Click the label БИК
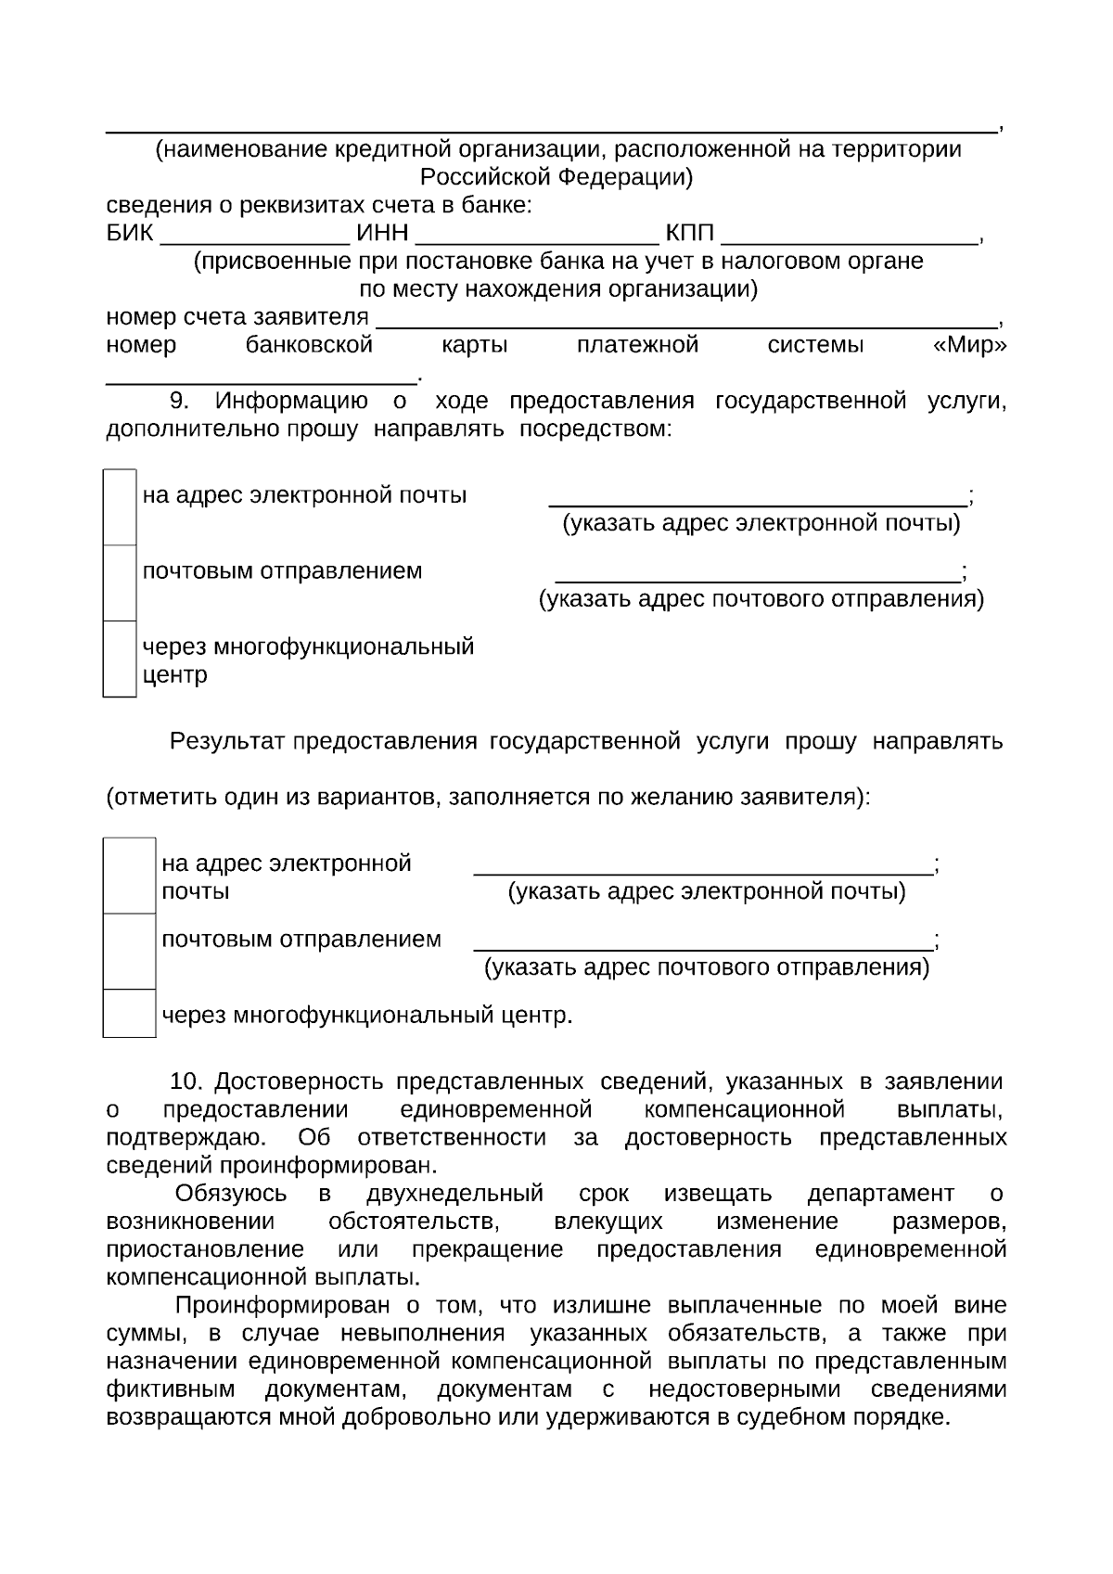pyautogui.click(x=130, y=234)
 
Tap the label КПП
pyautogui.click(x=689, y=234)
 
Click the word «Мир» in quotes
pyautogui.click(x=968, y=346)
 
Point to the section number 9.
pyautogui.click(x=179, y=401)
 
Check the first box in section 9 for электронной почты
pyautogui.click(x=120, y=507)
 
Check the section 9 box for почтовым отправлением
pyautogui.click(x=120, y=582)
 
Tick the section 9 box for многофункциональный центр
pyautogui.click(x=120, y=659)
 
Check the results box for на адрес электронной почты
pyautogui.click(x=129, y=876)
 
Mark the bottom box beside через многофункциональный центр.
pyautogui.click(x=129, y=1013)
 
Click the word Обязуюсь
pyautogui.click(x=231, y=1193)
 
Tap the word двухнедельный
pyautogui.click(x=454, y=1193)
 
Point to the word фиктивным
pyautogui.click(x=171, y=1389)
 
